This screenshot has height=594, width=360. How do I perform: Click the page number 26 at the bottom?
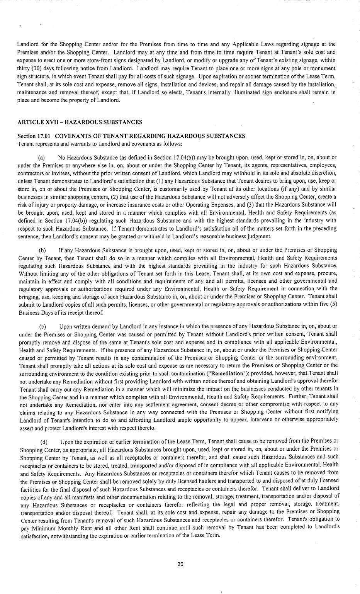[x=180, y=564]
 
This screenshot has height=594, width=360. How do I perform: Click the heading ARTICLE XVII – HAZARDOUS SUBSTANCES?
[x=80, y=122]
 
